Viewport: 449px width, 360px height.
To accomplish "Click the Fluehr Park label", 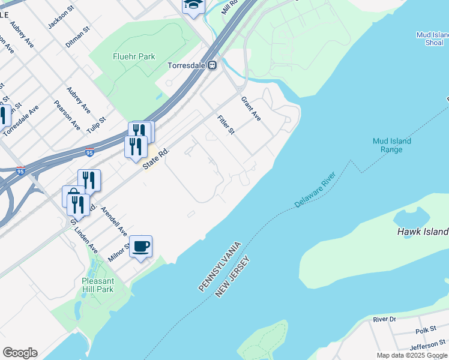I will click(134, 57).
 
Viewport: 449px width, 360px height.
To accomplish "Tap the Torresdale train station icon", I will click(212, 65).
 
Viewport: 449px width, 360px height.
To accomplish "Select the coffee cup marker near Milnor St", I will click(141, 247).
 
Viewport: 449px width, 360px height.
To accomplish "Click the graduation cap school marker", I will click(193, 6).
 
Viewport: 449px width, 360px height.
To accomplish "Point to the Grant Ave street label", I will click(251, 109).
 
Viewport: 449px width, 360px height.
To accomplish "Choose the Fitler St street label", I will click(226, 125).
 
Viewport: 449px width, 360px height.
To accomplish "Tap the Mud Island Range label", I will click(391, 145).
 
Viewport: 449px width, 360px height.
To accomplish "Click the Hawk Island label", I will click(423, 232).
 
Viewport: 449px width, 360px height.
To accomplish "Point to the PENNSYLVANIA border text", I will click(220, 267).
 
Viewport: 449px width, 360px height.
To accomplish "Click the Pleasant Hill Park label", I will click(97, 285).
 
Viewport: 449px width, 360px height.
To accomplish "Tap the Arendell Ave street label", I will click(114, 221).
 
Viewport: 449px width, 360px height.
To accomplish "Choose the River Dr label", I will click(385, 320).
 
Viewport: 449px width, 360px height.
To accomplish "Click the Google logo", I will click(20, 353).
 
